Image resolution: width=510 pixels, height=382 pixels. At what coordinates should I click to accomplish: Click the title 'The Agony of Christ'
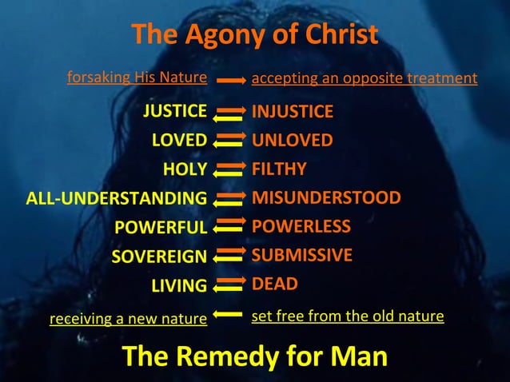tap(254, 35)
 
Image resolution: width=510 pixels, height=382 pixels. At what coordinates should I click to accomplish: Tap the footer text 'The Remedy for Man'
tap(254, 356)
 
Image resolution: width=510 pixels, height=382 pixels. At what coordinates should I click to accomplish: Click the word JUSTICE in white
tap(175, 111)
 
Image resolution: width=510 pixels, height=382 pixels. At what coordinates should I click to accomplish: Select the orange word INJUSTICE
tap(293, 111)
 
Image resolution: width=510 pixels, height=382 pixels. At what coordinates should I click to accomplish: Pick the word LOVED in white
tap(179, 141)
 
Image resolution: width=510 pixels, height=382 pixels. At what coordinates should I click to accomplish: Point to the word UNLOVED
tap(293, 141)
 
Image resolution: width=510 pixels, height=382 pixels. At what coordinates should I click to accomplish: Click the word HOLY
tap(185, 169)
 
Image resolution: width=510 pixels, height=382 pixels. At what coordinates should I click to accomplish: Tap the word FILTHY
tap(279, 169)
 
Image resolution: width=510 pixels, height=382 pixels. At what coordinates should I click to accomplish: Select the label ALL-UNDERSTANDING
tap(117, 198)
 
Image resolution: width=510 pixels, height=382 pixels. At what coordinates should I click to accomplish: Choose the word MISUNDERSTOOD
tap(326, 197)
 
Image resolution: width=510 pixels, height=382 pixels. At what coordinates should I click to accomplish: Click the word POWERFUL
tap(161, 228)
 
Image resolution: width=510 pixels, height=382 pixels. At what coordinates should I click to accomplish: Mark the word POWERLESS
tap(301, 226)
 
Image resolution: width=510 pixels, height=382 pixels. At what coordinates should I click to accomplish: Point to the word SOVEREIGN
tap(159, 257)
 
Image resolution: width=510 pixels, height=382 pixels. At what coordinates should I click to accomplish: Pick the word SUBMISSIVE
tap(302, 256)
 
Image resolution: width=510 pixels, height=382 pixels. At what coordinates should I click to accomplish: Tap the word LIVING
tap(179, 285)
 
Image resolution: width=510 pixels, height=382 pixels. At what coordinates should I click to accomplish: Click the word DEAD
tap(275, 284)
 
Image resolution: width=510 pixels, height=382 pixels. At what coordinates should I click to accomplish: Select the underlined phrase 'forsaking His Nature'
tap(137, 78)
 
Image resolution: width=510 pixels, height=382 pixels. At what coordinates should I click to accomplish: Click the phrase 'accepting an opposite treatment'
tap(365, 78)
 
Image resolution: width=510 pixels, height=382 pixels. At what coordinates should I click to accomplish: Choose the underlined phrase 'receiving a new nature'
tap(128, 319)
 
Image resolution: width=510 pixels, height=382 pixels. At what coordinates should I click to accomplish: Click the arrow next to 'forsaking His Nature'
tap(229, 80)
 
